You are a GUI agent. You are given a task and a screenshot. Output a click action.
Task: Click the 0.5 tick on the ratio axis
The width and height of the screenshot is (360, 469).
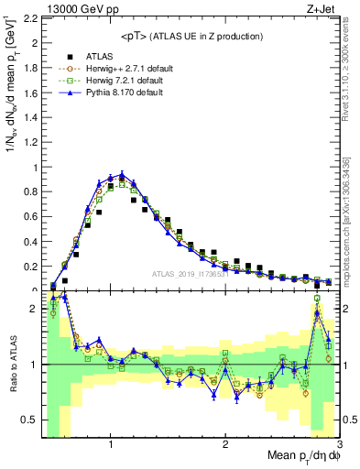[x=29, y=420]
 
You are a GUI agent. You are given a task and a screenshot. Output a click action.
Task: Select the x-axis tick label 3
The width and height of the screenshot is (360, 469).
[x=339, y=443]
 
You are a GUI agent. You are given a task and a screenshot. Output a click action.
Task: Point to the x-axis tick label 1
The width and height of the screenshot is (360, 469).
[x=111, y=443]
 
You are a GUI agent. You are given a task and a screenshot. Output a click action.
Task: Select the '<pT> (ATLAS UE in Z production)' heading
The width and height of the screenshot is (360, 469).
[x=191, y=36]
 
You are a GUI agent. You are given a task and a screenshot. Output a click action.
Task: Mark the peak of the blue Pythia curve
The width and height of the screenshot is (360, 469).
[x=121, y=173]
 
